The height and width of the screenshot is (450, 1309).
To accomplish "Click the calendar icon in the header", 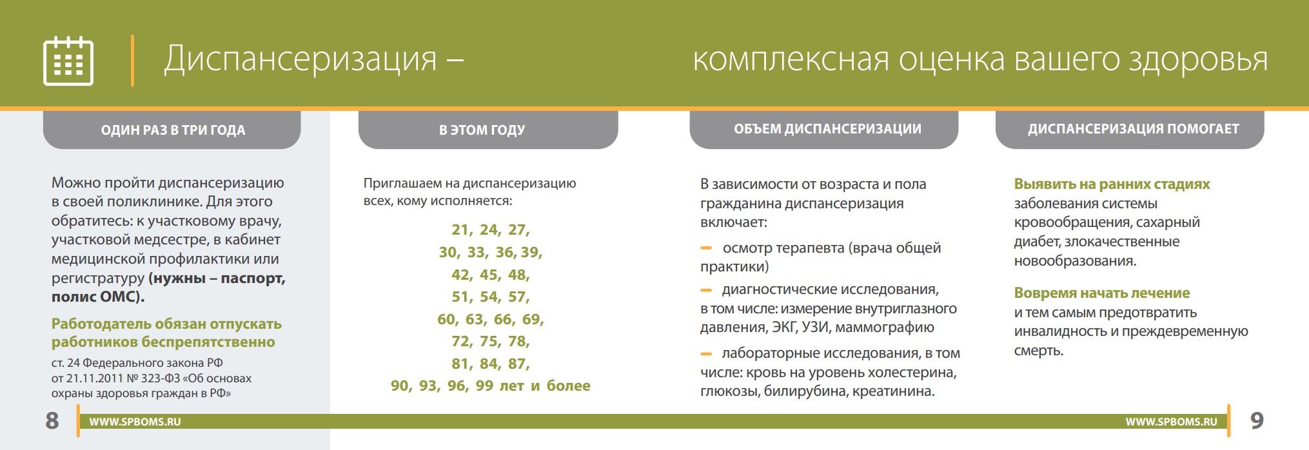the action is [x=68, y=61].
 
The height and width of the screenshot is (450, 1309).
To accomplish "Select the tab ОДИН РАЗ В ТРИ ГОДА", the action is [x=172, y=130].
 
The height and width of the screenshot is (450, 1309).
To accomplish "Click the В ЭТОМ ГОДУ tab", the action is [x=488, y=130].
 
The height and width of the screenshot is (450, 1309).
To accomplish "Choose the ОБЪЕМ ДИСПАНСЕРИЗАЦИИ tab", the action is [x=824, y=129].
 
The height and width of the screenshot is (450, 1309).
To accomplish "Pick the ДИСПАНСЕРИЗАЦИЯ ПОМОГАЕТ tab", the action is [x=1130, y=129].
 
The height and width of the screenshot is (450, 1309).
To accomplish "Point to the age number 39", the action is [x=531, y=253].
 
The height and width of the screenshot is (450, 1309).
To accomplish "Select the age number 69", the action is [x=532, y=320].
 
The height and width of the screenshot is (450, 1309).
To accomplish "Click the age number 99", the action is [x=484, y=386].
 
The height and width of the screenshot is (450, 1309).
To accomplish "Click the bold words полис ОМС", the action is [x=97, y=297].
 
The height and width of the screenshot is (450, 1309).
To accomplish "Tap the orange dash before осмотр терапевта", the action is [x=706, y=248].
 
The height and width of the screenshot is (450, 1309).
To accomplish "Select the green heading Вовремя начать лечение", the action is [x=1102, y=293].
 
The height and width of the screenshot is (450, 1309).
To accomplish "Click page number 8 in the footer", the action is [x=52, y=420].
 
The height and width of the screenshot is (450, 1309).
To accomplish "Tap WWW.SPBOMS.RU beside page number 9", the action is [x=1172, y=422].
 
